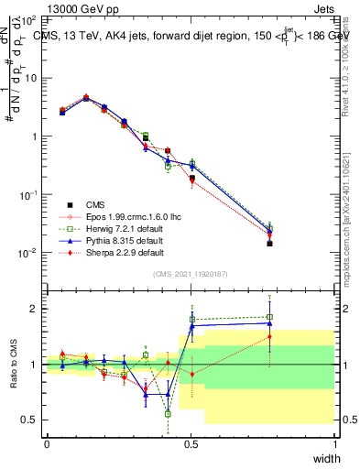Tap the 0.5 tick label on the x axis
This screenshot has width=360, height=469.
coord(191,443)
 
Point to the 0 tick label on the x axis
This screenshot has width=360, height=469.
coord(47,443)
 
